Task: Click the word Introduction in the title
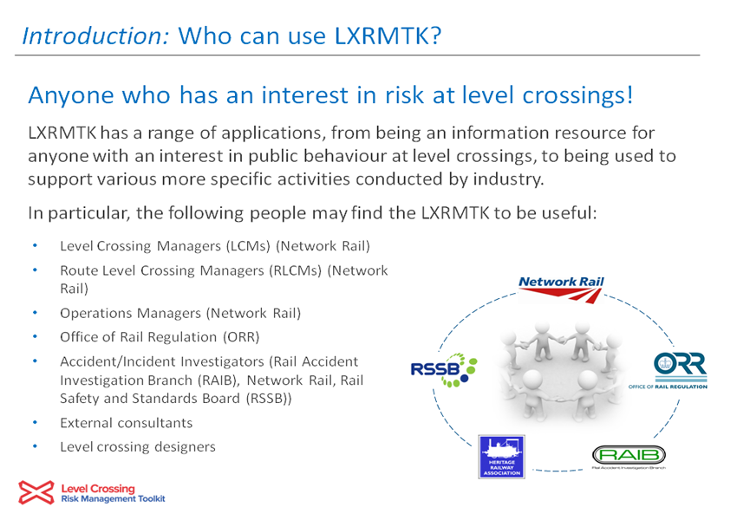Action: tap(95, 36)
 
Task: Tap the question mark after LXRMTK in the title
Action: tap(435, 36)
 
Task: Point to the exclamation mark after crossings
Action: tap(629, 94)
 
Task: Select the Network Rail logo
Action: tap(561, 289)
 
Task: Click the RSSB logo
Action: tap(444, 370)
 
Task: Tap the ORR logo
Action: tap(668, 371)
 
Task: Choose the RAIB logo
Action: tap(629, 457)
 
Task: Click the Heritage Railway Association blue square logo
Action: tap(501, 457)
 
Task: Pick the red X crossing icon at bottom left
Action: tap(36, 493)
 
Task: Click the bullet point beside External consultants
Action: tap(35, 422)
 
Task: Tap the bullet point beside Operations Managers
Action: tap(35, 312)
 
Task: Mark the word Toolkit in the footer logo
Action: tap(152, 499)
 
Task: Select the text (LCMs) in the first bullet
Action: tap(248, 246)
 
